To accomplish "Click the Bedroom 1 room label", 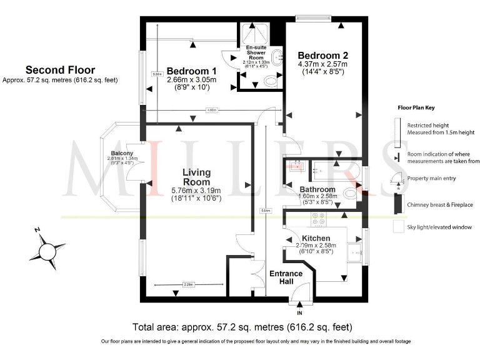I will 192,71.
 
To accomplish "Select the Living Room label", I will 196,177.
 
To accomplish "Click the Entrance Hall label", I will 286,277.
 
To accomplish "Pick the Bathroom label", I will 317,189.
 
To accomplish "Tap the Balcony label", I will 122,153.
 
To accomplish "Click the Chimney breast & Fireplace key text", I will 439,204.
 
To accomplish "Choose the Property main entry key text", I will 435,178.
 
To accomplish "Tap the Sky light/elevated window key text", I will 439,227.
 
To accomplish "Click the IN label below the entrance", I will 299,312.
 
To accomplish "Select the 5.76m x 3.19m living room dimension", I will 196,191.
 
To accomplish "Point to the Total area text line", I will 242,327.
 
